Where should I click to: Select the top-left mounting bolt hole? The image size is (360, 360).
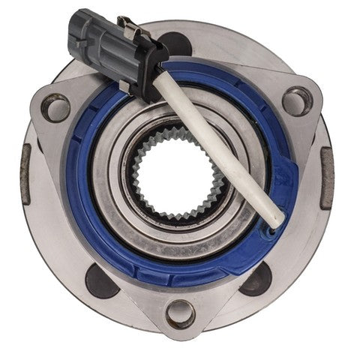click(55, 107)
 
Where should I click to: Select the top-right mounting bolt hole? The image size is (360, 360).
click(297, 100)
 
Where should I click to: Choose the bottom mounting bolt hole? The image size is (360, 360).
click(181, 313)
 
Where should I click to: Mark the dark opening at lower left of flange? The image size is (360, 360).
click(99, 282)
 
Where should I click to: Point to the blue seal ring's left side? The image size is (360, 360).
click(76, 180)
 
